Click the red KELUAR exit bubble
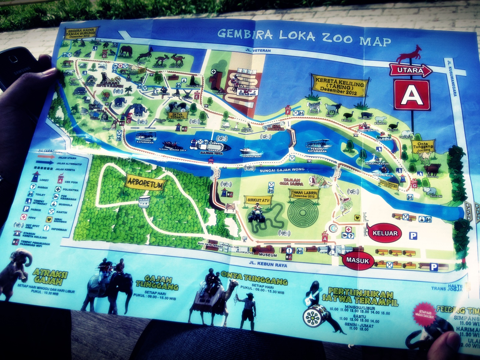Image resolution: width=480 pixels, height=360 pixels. point(385,233)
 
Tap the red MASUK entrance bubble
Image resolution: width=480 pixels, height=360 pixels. point(357,259)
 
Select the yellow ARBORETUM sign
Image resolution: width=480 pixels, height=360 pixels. point(145,182)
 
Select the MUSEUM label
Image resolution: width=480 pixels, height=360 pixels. point(268,255)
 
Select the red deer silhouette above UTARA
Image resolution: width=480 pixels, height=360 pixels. point(410,54)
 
